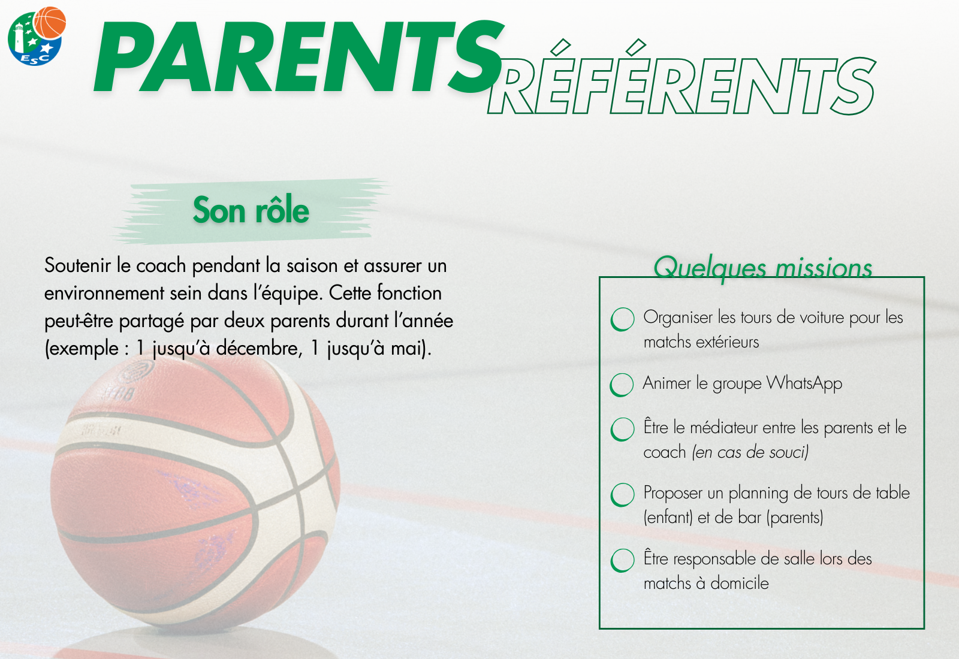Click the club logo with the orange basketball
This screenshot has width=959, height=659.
(x=37, y=36)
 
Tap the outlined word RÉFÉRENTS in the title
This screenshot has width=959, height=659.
(x=681, y=78)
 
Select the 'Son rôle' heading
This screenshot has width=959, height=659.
(x=251, y=210)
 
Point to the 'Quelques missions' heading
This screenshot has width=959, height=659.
(x=762, y=267)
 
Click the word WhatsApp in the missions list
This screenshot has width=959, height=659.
(x=804, y=383)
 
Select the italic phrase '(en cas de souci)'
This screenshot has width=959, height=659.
(x=750, y=452)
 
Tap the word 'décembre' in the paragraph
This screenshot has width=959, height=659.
(x=259, y=348)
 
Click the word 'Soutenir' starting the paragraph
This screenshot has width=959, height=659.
(x=77, y=265)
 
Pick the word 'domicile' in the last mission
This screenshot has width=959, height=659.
(x=740, y=584)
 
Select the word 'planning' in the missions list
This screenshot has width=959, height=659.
(x=758, y=494)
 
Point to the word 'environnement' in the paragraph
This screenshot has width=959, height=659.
(x=104, y=293)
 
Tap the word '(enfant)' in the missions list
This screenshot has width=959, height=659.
(x=668, y=518)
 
